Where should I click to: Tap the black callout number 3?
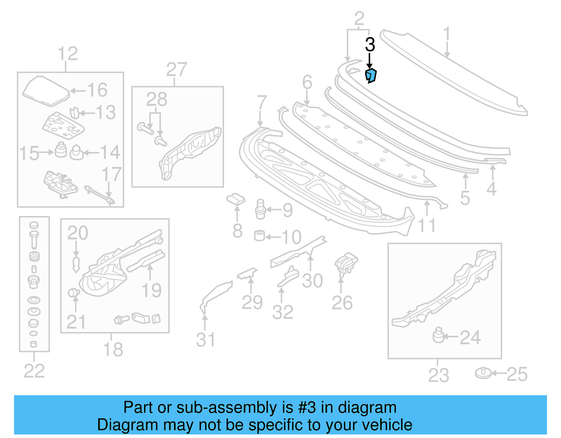click(370, 45)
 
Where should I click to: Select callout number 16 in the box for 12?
click(97, 90)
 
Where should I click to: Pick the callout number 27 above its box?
click(176, 69)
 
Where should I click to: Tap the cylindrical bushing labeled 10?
click(259, 236)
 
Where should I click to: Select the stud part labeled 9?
click(260, 209)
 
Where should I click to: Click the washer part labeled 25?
click(484, 373)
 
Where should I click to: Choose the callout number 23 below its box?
click(438, 375)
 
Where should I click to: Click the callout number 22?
click(34, 371)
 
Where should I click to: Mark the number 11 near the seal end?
click(427, 225)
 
